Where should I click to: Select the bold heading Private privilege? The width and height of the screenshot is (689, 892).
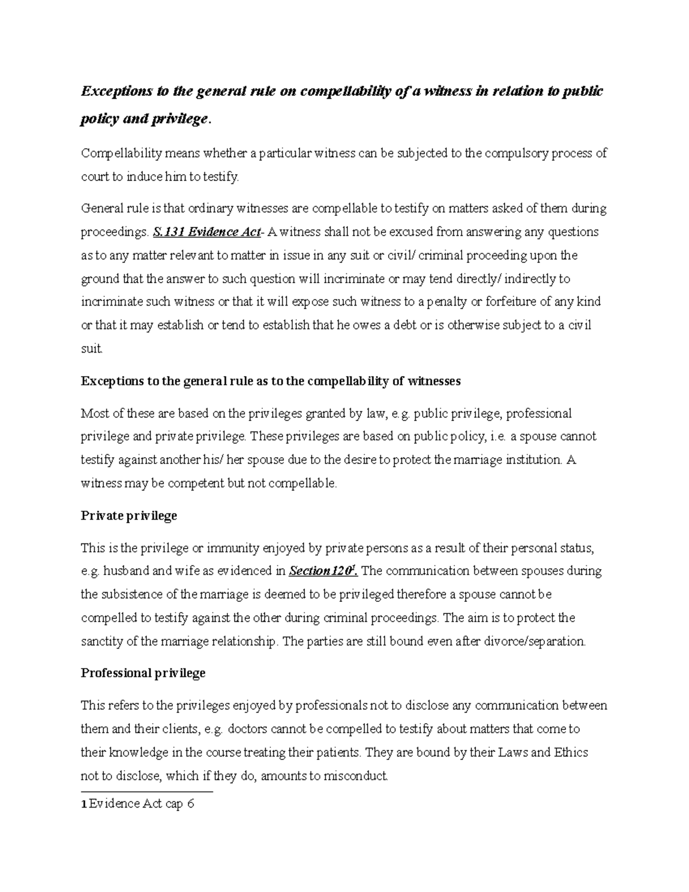pos(129,516)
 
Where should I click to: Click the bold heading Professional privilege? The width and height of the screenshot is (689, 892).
pos(143,673)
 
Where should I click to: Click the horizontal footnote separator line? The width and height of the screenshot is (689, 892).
pos(147,791)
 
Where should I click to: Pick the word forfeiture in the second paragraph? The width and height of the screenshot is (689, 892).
pos(511,302)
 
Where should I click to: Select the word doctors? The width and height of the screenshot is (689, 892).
pos(247,729)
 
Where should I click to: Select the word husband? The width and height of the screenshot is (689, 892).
pos(128,571)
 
